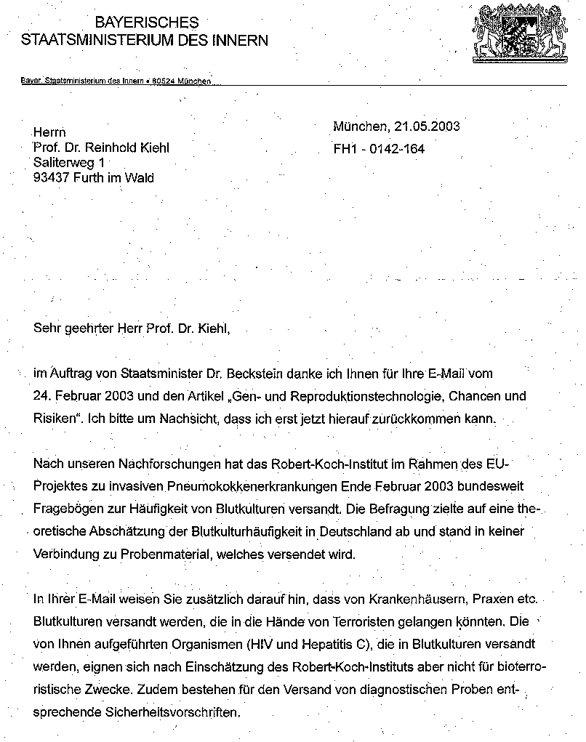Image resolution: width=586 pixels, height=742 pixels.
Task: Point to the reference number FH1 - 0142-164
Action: (x=379, y=150)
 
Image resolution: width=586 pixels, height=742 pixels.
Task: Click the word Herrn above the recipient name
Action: (x=50, y=132)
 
